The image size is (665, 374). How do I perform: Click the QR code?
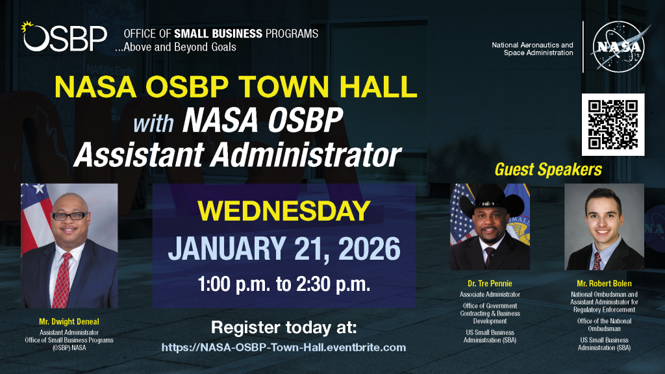click(613, 125)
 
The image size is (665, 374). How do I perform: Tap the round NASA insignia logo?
click(618, 46)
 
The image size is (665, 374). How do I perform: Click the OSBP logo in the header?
click(64, 37)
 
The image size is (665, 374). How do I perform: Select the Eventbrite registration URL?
click(284, 348)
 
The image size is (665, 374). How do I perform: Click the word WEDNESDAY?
click(284, 211)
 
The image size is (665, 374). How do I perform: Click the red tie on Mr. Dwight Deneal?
click(62, 280)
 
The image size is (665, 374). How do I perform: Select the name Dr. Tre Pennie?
click(490, 284)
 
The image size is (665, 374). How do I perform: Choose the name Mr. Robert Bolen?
click(604, 284)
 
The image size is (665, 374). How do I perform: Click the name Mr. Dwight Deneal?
click(69, 322)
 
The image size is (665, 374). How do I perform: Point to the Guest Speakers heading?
click(548, 169)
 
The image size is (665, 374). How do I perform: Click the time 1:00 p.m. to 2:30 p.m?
click(284, 284)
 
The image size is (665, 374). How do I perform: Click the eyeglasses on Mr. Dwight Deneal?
click(69, 216)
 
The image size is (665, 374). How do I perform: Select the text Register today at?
click(284, 328)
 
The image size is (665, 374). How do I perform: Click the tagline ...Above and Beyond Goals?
click(175, 47)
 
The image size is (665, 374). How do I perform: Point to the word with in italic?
click(153, 123)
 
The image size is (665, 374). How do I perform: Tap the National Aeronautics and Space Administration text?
click(533, 49)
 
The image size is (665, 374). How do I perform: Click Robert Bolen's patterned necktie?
click(597, 261)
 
